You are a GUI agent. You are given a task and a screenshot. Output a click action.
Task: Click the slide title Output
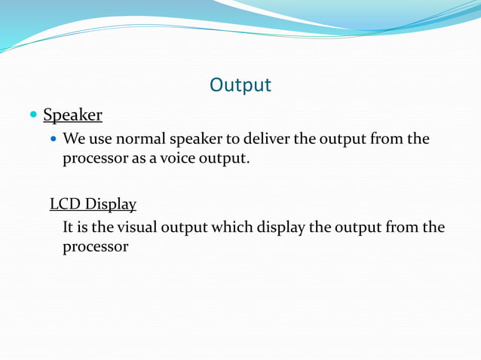point(240,85)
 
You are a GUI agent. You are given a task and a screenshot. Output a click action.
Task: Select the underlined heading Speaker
point(72,115)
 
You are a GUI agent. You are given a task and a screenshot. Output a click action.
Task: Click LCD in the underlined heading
point(65,204)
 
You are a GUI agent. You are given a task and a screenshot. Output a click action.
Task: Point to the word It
point(68,227)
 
